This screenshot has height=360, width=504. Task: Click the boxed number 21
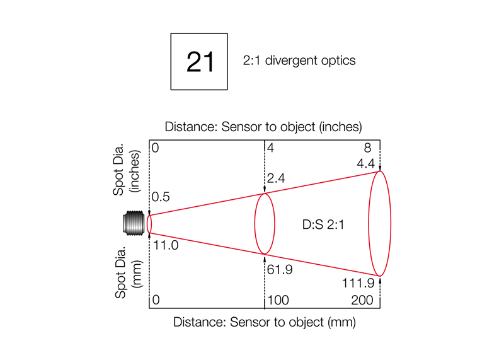pyautogui.click(x=200, y=61)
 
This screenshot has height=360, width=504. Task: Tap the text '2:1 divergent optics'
pyautogui.click(x=299, y=61)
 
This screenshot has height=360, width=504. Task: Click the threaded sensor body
pyautogui.click(x=134, y=223)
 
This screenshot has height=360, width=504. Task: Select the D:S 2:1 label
pyautogui.click(x=323, y=224)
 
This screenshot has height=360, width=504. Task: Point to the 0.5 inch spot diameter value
pyautogui.click(x=161, y=197)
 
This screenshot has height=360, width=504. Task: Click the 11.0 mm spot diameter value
pyautogui.click(x=166, y=245)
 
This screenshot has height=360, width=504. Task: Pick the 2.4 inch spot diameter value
pyautogui.click(x=276, y=178)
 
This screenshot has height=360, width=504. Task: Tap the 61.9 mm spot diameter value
pyautogui.click(x=280, y=269)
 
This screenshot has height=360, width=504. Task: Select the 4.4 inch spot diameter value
pyautogui.click(x=366, y=163)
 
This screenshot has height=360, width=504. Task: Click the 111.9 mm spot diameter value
pyautogui.click(x=358, y=283)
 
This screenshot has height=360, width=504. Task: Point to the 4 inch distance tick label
pyautogui.click(x=270, y=148)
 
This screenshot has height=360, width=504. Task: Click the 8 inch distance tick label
pyautogui.click(x=367, y=148)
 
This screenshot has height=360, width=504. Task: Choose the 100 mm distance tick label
pyautogui.click(x=278, y=300)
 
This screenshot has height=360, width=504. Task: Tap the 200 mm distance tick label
pyautogui.click(x=362, y=300)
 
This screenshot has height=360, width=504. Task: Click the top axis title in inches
pyautogui.click(x=263, y=127)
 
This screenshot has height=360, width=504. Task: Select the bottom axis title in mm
pyautogui.click(x=264, y=322)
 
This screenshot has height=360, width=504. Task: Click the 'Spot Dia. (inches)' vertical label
pyautogui.click(x=127, y=170)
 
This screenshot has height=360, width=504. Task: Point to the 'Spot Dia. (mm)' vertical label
pyautogui.click(x=129, y=273)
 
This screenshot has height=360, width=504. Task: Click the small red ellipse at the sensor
pyautogui.click(x=149, y=224)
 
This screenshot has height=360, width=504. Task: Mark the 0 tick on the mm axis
pyautogui.click(x=156, y=300)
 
